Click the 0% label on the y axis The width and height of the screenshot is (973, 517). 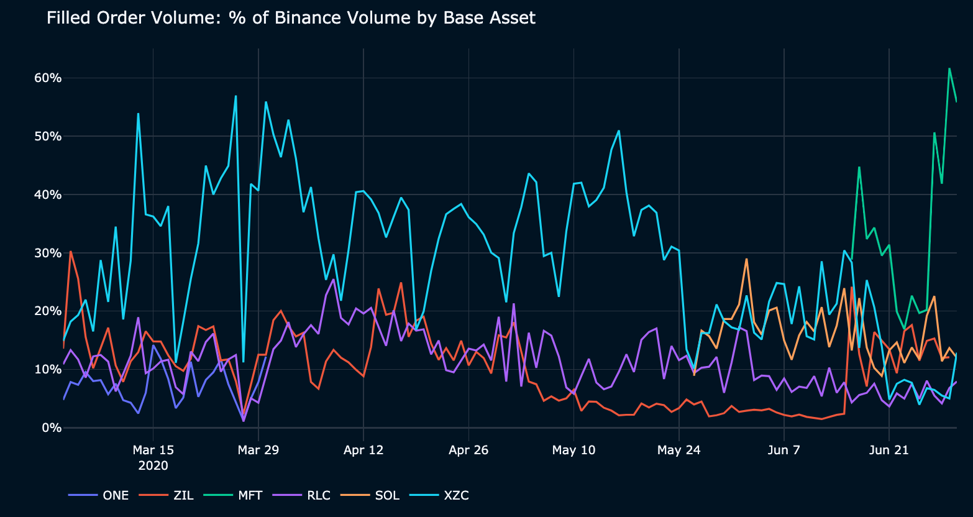[x=51, y=428]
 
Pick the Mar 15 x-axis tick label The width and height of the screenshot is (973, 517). [x=153, y=450]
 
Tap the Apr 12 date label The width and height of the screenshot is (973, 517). [x=363, y=450]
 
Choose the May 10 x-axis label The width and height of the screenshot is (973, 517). [x=574, y=450]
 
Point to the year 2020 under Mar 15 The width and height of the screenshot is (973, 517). [x=153, y=465]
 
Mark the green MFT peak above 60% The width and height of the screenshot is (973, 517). [x=949, y=68]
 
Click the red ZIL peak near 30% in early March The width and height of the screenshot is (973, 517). [x=71, y=251]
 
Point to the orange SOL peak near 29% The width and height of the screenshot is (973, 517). [x=746, y=259]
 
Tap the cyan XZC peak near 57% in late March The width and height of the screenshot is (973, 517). [x=235, y=96]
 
